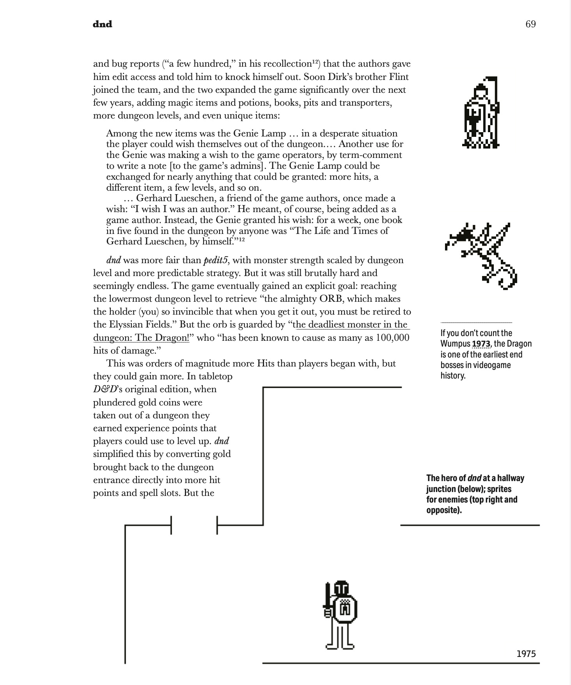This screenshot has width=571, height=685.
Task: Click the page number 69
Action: [530, 24]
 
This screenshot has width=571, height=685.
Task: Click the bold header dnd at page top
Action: [103, 24]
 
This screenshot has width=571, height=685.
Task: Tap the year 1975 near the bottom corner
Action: [526, 654]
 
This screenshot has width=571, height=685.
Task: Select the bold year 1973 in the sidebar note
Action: [481, 344]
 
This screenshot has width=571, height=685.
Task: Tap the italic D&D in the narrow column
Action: [103, 389]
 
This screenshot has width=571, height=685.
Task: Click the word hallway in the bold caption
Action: [510, 478]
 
